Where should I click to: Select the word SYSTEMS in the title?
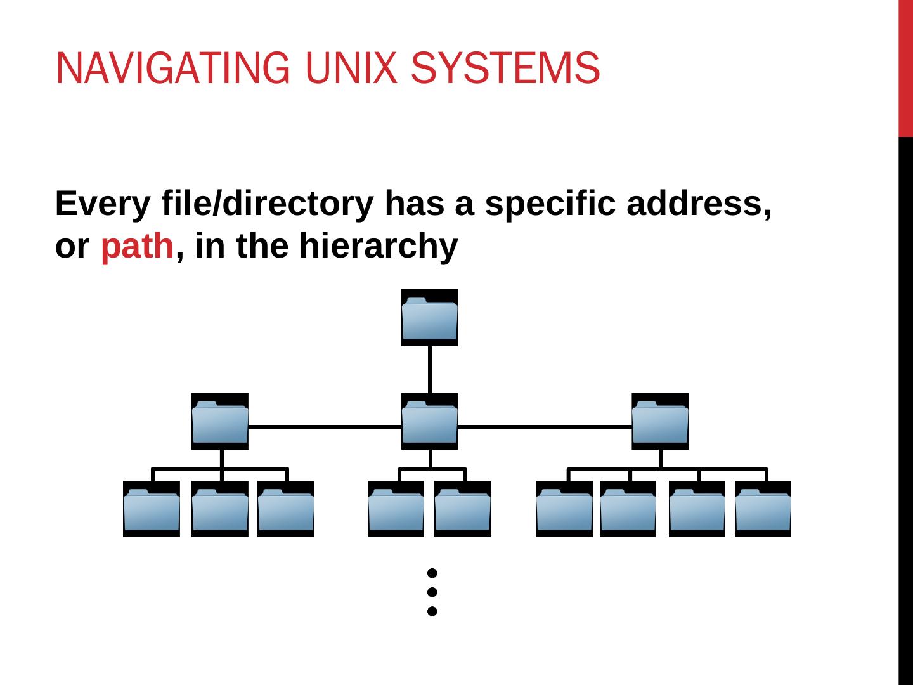click(x=505, y=68)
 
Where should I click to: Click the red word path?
click(x=137, y=246)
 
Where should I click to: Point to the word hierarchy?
click(x=379, y=246)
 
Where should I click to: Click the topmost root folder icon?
click(x=430, y=318)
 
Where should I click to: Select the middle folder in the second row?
click(x=430, y=421)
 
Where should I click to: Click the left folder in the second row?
click(x=220, y=421)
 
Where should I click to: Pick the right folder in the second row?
click(x=660, y=421)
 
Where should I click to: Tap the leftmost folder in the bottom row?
click(x=152, y=509)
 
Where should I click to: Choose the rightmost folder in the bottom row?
click(x=763, y=509)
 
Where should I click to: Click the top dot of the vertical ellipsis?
click(x=432, y=573)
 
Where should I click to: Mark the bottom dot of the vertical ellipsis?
click(x=432, y=611)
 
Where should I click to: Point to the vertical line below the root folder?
click(x=430, y=369)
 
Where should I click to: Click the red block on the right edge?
click(x=905, y=68)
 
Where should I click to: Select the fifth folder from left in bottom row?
click(x=462, y=509)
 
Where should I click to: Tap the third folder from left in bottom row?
click(x=286, y=509)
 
